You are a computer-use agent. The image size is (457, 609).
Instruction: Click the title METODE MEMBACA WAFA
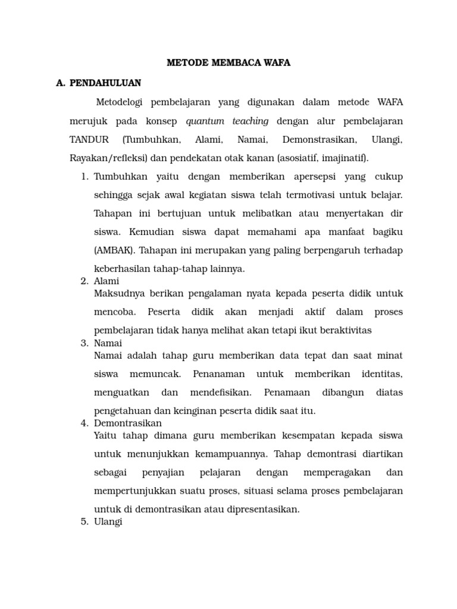click(228, 62)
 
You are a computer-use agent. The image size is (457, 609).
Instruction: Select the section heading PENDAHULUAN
click(105, 83)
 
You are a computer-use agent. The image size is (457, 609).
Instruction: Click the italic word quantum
click(204, 121)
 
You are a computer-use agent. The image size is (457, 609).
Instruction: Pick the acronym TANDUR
click(89, 140)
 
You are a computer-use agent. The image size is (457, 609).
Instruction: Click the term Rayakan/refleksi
click(109, 158)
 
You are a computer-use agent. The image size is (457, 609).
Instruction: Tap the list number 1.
click(84, 177)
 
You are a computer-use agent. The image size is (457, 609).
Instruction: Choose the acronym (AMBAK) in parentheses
click(113, 250)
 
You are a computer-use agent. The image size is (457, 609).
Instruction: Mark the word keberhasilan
click(122, 269)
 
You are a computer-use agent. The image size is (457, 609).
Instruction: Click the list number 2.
click(84, 281)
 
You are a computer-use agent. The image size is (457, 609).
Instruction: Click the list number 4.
click(84, 423)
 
